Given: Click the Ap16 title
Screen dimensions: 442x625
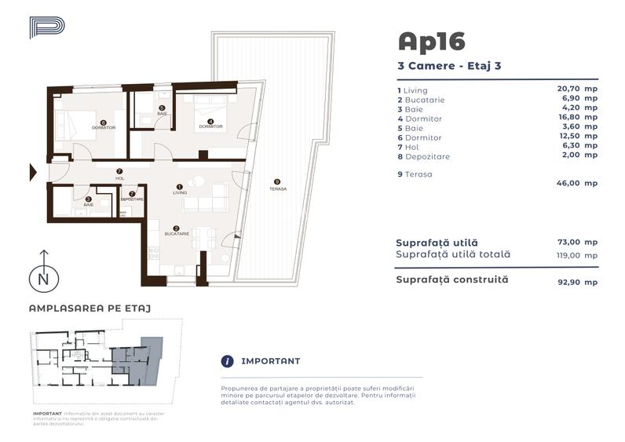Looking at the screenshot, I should [431, 41].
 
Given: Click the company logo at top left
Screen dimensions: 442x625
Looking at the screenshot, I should [46, 28].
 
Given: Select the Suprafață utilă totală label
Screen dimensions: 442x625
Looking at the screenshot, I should [453, 254].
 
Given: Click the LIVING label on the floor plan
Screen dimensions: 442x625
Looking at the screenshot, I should [180, 191].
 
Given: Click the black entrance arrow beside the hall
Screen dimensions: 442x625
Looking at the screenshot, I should [33, 172].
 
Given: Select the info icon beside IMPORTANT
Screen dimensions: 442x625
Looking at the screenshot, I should [228, 361].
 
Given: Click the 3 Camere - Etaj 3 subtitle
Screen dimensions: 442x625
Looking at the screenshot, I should [449, 66].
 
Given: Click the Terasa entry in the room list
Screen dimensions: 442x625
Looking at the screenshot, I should [418, 174].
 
